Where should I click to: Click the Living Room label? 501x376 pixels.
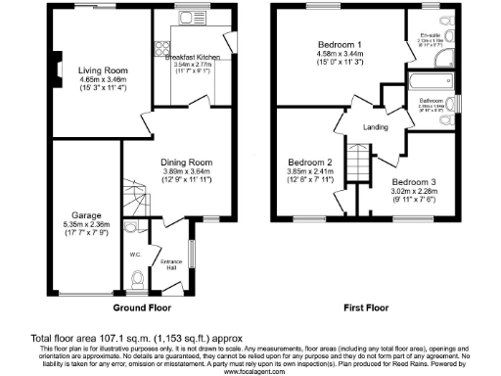point(102,70)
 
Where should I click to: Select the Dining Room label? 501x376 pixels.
point(186,162)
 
